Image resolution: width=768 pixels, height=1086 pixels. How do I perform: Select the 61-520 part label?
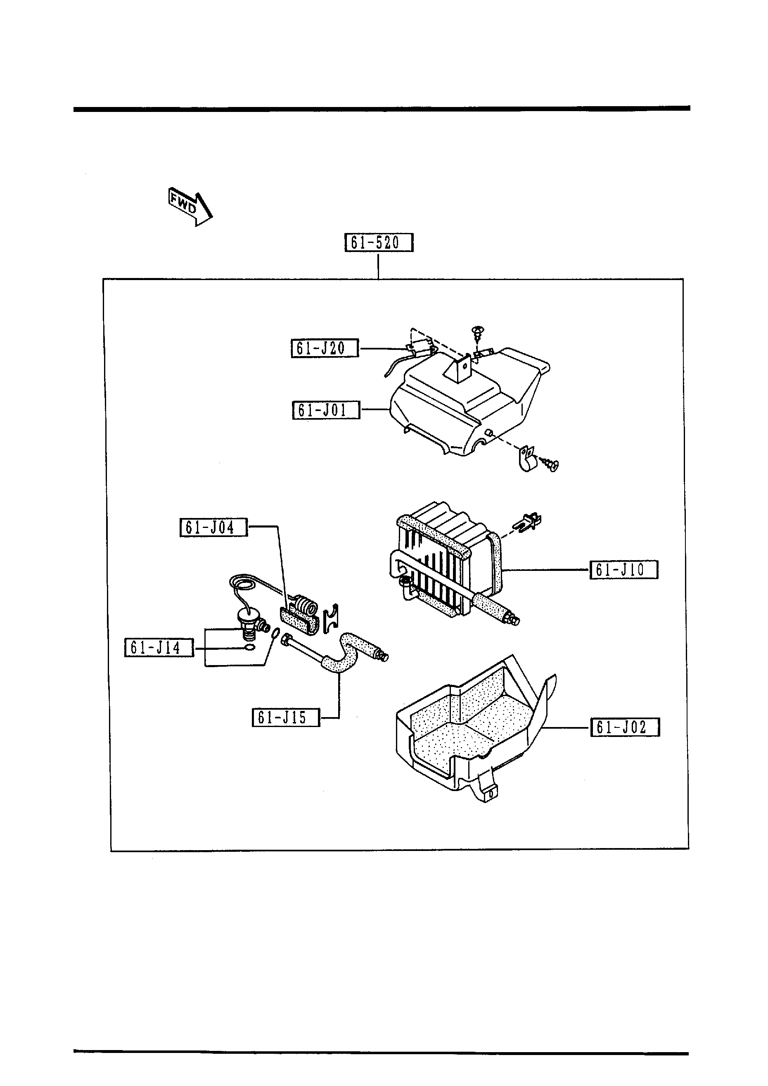378,242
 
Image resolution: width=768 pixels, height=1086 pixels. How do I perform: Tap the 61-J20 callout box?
325,349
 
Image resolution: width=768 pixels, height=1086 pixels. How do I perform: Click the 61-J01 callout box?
326,410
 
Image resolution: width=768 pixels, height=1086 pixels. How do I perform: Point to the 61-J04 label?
213,527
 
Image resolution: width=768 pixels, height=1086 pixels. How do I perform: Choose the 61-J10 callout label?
623,570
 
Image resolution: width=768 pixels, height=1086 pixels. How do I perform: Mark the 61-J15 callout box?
286,718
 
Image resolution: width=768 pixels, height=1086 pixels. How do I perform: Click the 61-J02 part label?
624,727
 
